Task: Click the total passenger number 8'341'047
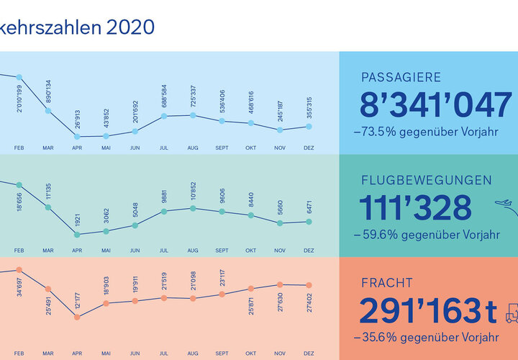pos(435,106)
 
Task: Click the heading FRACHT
pos(387,284)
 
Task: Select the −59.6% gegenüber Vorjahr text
pos(426,234)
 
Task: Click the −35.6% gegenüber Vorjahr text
pos(426,336)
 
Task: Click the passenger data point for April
pos(77,136)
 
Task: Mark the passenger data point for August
pos(193,115)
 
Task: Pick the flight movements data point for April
pos(77,234)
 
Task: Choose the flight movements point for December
pos(309,222)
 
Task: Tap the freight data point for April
pos(77,316)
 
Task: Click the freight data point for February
pos(19,270)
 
